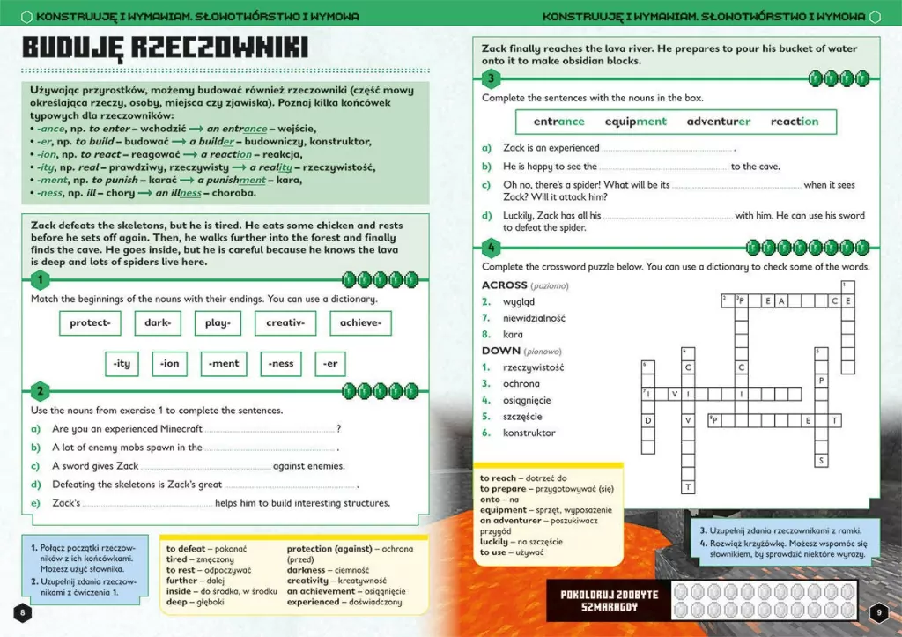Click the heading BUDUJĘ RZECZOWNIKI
(x=165, y=48)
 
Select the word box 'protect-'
(x=90, y=323)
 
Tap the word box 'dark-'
(x=158, y=323)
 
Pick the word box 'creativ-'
(x=285, y=323)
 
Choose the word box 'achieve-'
(x=359, y=323)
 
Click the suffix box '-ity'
(x=122, y=363)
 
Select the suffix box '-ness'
(x=281, y=363)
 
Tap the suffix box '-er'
(x=330, y=363)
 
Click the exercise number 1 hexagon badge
(x=40, y=281)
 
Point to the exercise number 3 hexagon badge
(x=492, y=79)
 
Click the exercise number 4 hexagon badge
(x=492, y=248)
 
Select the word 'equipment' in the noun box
(x=636, y=122)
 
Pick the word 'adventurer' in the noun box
(x=719, y=122)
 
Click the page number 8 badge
(x=23, y=613)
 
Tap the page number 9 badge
(x=877, y=613)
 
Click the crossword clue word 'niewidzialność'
(x=534, y=318)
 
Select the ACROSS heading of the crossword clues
(x=504, y=285)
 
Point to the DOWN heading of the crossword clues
(x=500, y=351)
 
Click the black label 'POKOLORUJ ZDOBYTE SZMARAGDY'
(x=610, y=601)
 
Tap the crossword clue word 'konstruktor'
(x=529, y=433)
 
